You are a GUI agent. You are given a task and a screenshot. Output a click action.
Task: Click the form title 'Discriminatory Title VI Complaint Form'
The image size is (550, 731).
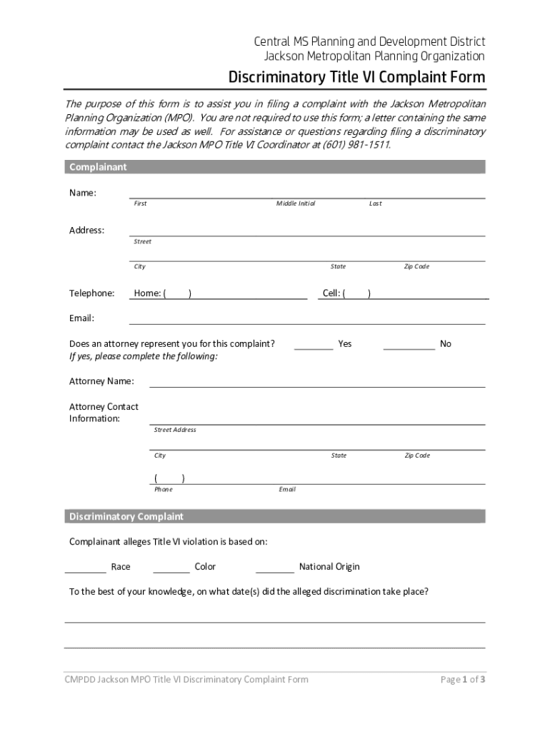[x=356, y=77]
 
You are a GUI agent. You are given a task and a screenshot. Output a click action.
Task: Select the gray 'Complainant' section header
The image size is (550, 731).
[x=275, y=167]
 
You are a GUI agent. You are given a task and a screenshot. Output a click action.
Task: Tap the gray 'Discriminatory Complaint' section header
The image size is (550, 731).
[x=275, y=516]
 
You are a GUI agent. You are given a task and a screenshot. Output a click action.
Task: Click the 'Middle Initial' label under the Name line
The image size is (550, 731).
[x=296, y=203]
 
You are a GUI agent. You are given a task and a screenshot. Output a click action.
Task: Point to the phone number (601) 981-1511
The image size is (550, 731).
[x=356, y=144]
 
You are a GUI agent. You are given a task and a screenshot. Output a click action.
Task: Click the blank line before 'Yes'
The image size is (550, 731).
[x=313, y=345]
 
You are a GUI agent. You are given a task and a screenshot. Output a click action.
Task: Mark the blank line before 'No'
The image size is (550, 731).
[x=409, y=345]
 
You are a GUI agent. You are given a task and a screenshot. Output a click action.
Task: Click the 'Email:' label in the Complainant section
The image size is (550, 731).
[x=81, y=318]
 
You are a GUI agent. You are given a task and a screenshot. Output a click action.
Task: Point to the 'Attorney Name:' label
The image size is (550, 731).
[x=101, y=381]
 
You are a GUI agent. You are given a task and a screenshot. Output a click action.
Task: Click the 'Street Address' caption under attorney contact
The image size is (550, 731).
[x=175, y=430]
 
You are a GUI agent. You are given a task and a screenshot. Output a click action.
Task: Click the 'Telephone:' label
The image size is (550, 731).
[x=91, y=293]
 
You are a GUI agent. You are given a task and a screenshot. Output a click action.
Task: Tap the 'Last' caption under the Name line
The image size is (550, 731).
[x=375, y=203]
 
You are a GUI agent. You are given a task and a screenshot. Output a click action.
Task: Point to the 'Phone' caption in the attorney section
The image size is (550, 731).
[x=163, y=490]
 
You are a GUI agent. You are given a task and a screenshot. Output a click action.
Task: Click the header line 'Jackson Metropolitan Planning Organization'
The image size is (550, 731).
[x=370, y=56]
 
